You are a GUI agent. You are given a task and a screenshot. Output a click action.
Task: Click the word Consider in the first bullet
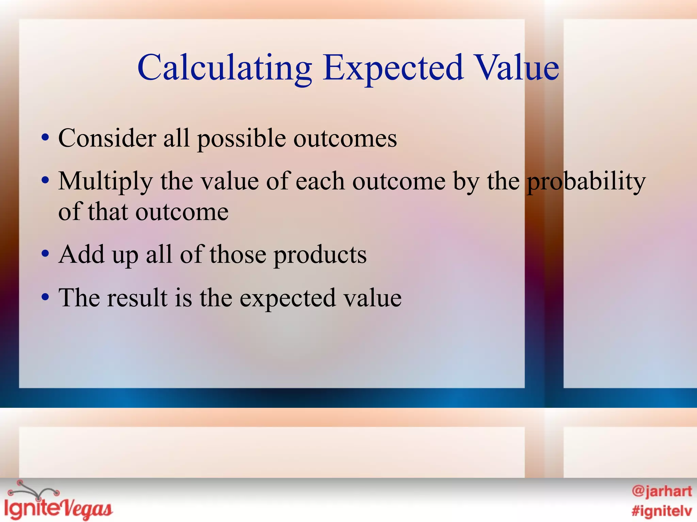107,138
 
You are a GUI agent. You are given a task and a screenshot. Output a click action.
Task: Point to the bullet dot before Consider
45,139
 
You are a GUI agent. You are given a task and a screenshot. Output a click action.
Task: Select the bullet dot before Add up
45,255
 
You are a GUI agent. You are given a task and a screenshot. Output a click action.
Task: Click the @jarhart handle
662,491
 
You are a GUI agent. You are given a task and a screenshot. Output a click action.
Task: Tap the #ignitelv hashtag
662,511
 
